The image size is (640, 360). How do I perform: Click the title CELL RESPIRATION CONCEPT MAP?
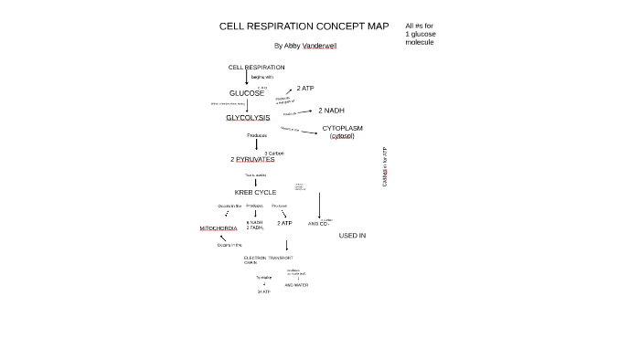click(291, 26)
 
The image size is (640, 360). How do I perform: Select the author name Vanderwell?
click(319, 46)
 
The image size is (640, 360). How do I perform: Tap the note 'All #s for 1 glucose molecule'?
click(420, 35)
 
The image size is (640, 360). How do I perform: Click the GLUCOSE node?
click(246, 93)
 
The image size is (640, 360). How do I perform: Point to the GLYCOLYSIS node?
click(248, 118)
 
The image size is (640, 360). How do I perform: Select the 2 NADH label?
click(331, 110)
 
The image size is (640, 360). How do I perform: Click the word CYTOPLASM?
click(342, 128)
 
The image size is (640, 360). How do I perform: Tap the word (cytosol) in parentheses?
click(342, 136)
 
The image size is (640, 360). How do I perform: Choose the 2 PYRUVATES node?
click(252, 159)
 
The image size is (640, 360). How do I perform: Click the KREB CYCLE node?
click(255, 193)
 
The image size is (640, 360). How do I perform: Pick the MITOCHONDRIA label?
click(219, 228)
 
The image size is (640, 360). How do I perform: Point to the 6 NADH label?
click(254, 222)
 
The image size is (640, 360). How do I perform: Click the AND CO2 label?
click(317, 223)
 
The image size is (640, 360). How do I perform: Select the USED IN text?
click(352, 236)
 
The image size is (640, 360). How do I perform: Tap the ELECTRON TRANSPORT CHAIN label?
click(268, 259)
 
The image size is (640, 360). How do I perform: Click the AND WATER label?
click(296, 285)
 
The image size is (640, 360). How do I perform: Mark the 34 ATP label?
click(263, 291)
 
